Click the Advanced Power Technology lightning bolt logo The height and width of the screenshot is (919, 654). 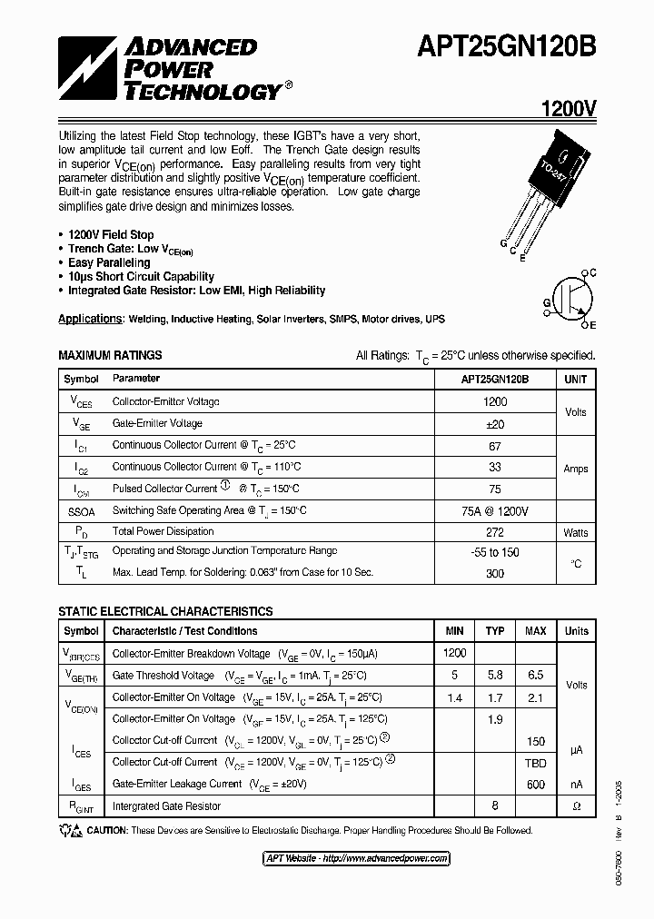click(x=87, y=67)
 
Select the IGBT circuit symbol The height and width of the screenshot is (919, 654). click(x=571, y=298)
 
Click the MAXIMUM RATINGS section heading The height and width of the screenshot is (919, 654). click(x=110, y=355)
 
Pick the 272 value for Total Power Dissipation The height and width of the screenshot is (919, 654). click(x=495, y=532)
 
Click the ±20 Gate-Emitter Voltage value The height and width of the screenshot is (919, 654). click(x=495, y=424)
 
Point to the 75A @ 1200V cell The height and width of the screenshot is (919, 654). click(x=495, y=511)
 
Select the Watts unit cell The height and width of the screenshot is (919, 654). click(x=576, y=533)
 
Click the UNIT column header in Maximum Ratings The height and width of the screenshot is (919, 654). click(x=576, y=380)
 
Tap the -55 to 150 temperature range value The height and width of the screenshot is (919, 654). click(x=495, y=552)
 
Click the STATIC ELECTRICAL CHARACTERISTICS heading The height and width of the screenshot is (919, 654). click(x=165, y=612)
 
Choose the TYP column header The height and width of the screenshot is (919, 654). click(x=495, y=631)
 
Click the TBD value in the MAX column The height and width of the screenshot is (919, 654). click(x=536, y=764)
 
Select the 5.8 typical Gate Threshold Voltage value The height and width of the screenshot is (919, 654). click(x=495, y=677)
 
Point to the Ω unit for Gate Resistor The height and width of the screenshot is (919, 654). click(x=576, y=806)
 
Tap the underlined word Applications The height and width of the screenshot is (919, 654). click(x=90, y=319)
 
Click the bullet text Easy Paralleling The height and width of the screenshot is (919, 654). click(x=109, y=262)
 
